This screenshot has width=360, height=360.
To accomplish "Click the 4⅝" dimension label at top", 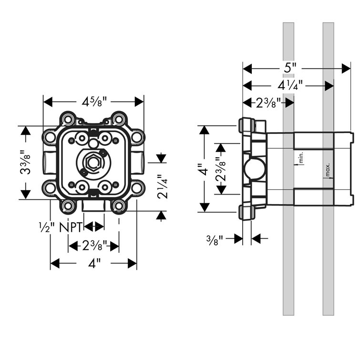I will pyautogui.click(x=93, y=102).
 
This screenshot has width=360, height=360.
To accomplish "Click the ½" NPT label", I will pyautogui.click(x=61, y=227).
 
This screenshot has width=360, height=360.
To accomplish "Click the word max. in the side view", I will pyautogui.click(x=329, y=170).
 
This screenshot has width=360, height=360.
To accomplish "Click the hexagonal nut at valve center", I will pyautogui.click(x=93, y=163).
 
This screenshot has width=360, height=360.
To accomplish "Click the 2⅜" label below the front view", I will pyautogui.click(x=94, y=246).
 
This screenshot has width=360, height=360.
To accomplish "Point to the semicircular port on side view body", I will pyautogui.click(x=251, y=169).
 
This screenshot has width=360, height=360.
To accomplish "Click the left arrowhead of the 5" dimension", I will pyautogui.click(x=246, y=69).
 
